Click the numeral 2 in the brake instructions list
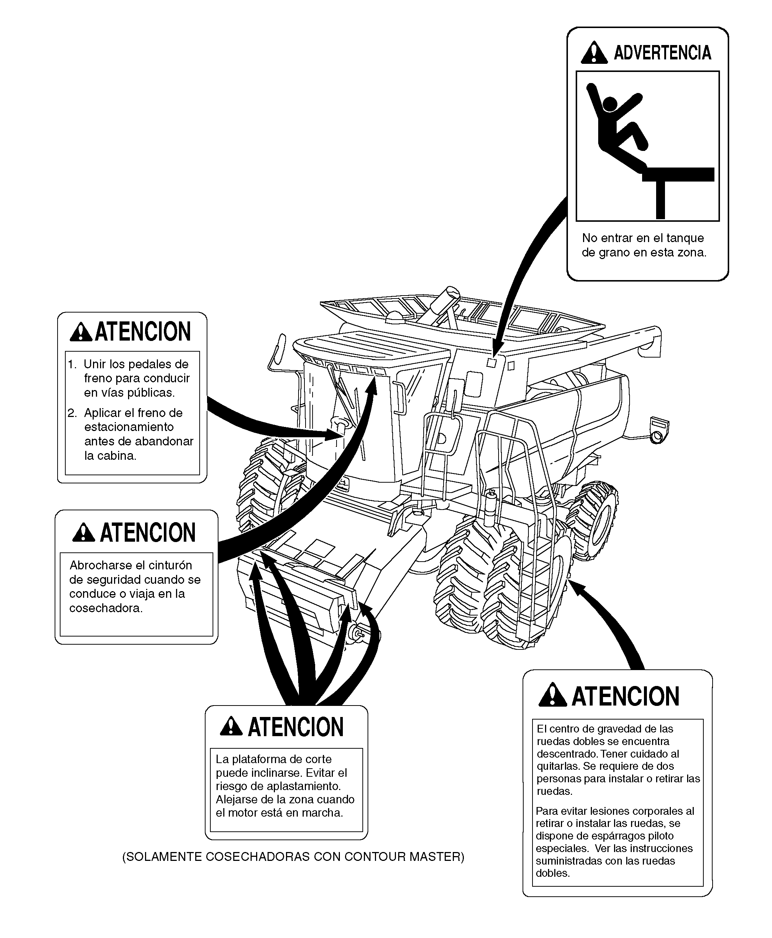(72, 413)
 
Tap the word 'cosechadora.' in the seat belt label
(106, 608)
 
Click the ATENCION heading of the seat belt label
(148, 533)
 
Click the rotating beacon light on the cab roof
(394, 317)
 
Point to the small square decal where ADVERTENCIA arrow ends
(492, 363)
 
